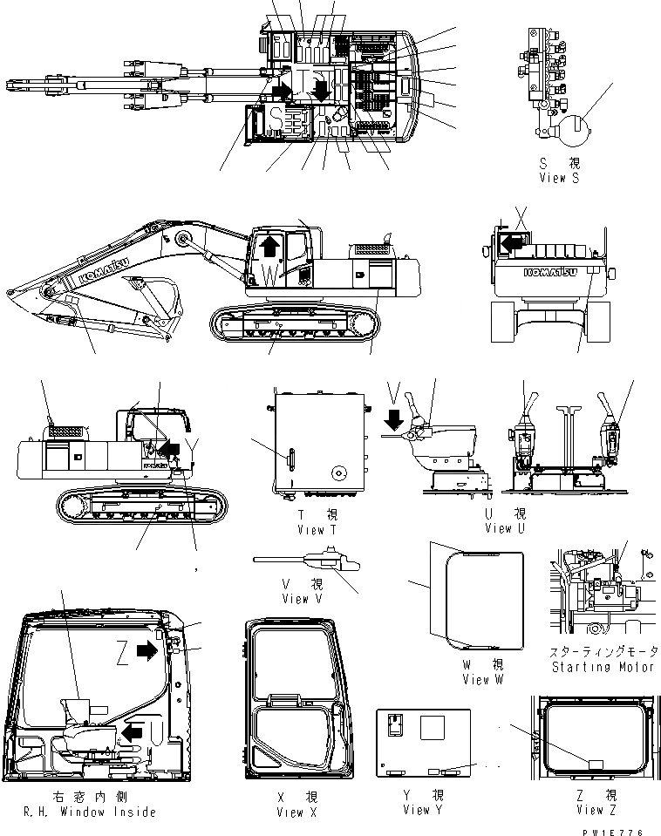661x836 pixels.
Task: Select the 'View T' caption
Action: (x=310, y=530)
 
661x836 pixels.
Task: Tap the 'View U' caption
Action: (x=506, y=528)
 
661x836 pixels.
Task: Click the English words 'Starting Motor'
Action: (x=603, y=667)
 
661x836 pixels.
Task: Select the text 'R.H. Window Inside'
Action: (x=86, y=812)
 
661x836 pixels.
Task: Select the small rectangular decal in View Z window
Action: (x=596, y=764)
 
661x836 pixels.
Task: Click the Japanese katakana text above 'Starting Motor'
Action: (x=603, y=652)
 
